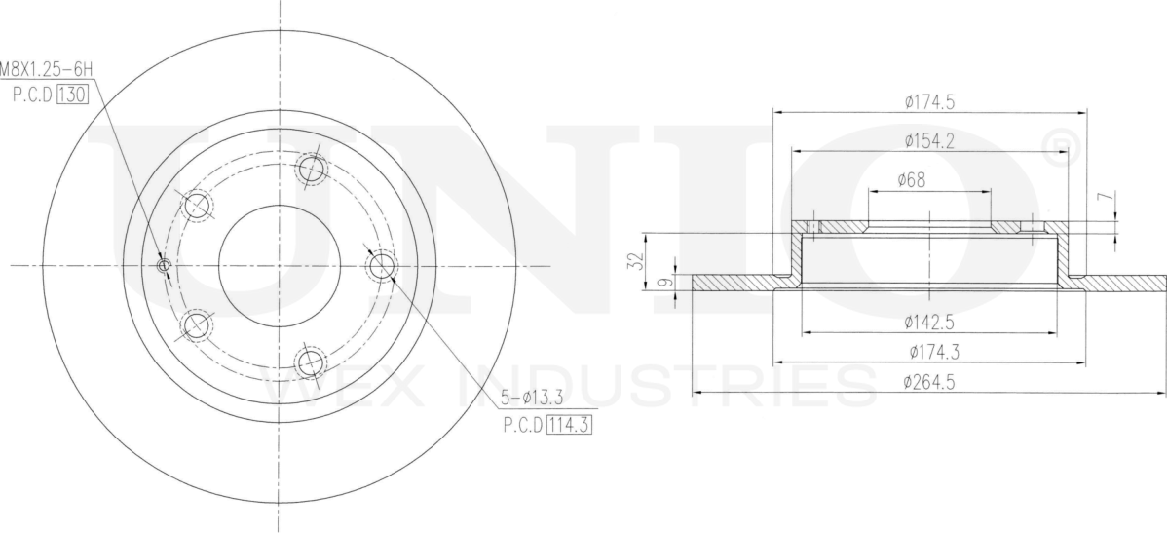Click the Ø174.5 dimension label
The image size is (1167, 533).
tap(929, 102)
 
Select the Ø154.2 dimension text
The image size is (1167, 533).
tap(929, 140)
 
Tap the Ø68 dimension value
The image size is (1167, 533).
tap(912, 179)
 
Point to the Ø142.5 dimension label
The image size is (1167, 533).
tap(929, 322)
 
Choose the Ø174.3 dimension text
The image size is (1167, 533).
tap(934, 352)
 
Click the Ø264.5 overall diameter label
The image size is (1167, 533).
tap(929, 382)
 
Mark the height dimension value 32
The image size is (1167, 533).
tap(635, 260)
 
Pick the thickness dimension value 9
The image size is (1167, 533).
tap(667, 282)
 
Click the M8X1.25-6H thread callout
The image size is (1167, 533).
tap(46, 70)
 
